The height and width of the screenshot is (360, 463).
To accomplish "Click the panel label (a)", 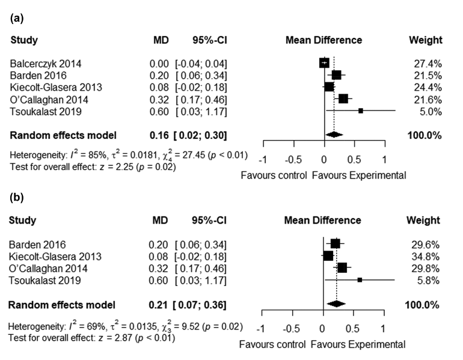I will (x=17, y=19).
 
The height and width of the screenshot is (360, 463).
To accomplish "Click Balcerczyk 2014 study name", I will (x=46, y=63).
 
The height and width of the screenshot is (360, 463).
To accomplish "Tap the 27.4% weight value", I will (x=429, y=63).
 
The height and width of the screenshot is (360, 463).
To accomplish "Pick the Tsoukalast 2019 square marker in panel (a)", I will (x=361, y=111).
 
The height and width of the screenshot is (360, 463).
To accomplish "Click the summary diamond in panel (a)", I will (x=334, y=135).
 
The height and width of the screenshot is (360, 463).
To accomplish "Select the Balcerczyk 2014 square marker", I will (x=325, y=63).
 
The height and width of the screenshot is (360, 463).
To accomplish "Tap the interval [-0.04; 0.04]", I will (x=201, y=63).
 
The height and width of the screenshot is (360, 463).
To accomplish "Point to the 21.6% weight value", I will (x=429, y=99).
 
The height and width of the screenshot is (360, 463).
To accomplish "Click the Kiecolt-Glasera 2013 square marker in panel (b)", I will (x=328, y=256).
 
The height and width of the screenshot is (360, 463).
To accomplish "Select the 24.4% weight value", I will (x=429, y=87).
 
